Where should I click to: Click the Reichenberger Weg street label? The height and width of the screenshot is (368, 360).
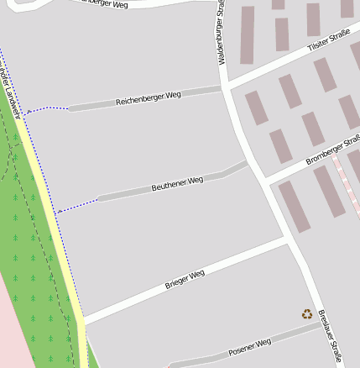coord(149,97)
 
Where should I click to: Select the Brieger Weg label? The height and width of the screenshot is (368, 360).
coord(185,280)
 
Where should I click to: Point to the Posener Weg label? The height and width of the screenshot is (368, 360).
coord(250,346)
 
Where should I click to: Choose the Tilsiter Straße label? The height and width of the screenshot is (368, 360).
coord(328,42)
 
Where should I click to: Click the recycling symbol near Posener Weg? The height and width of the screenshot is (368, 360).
coord(307,314)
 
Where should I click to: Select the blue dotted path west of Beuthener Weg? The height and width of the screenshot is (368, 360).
coord(77,205)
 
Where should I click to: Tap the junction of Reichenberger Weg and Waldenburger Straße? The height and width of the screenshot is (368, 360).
coord(225,87)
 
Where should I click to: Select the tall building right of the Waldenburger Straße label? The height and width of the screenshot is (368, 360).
coord(247,35)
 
